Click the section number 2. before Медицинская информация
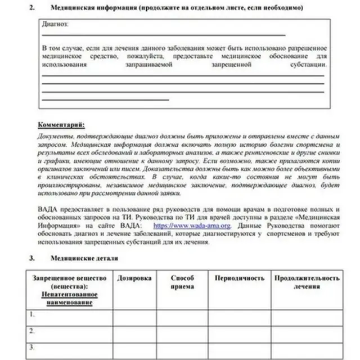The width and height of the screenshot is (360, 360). [32, 8]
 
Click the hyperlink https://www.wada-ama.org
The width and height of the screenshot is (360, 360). [192, 226]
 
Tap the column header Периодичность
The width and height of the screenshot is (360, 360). [239, 278]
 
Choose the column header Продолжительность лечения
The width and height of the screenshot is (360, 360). [307, 282]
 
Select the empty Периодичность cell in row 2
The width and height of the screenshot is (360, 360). [239, 333]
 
